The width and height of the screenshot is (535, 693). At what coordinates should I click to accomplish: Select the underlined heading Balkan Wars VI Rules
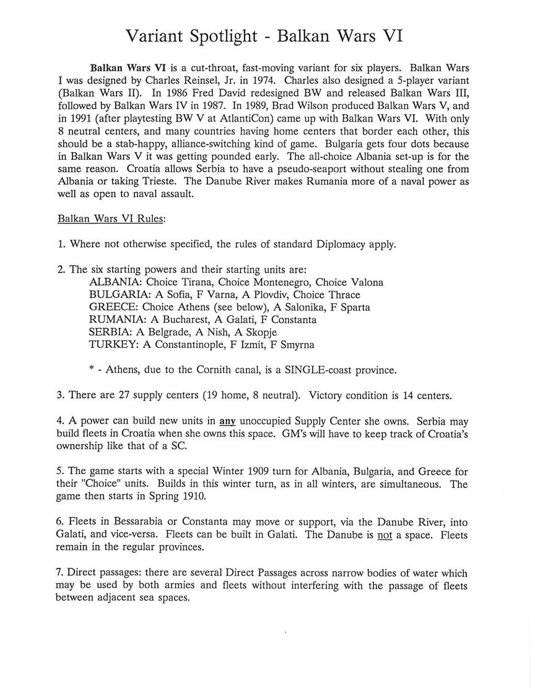click(111, 219)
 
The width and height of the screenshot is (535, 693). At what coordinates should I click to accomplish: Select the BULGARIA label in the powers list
click(117, 294)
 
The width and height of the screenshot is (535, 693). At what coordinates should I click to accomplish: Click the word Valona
click(367, 282)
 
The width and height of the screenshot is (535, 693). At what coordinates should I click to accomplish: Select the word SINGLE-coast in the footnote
click(319, 370)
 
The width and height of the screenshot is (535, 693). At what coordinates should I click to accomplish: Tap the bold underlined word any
click(228, 421)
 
